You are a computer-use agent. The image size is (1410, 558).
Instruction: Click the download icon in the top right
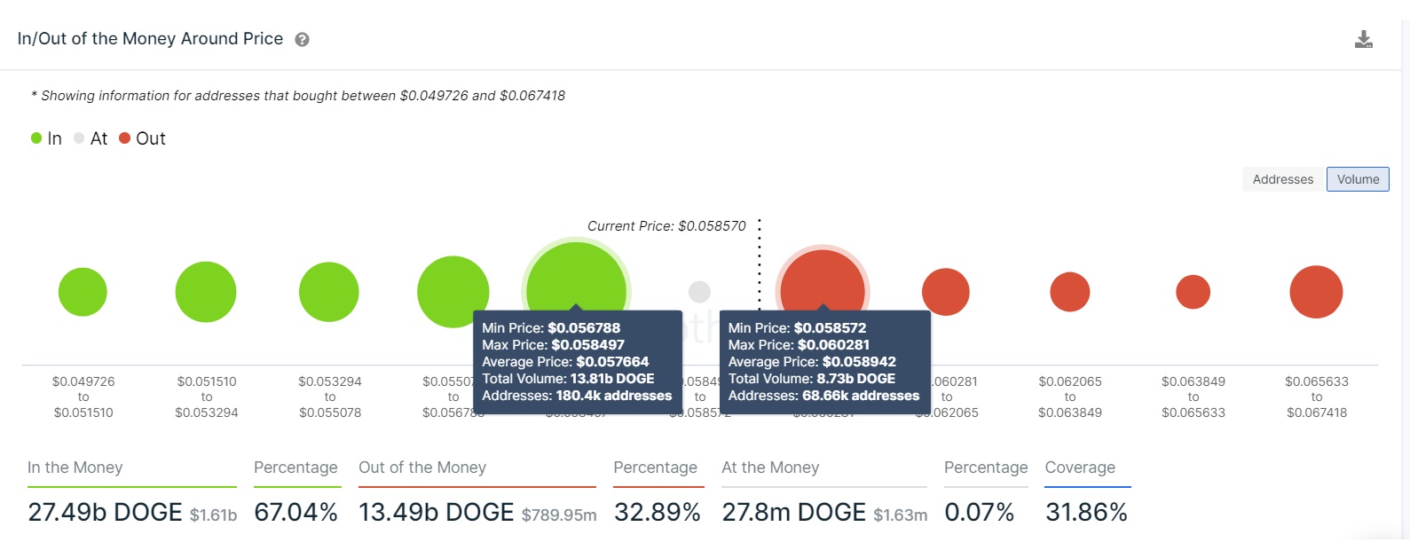1364,39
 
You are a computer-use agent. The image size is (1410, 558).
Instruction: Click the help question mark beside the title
302,40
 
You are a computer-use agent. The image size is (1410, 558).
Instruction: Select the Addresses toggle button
1282,179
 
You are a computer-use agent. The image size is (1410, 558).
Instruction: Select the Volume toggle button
1358,179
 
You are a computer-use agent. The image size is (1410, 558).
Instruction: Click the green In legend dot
36,138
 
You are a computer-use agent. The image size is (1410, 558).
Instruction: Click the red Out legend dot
125,138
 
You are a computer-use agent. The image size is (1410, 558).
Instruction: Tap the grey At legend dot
79,138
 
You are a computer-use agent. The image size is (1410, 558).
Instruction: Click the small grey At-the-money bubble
699,291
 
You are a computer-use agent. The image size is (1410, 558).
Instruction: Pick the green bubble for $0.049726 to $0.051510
83,292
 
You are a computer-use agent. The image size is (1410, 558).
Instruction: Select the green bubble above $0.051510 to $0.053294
206,292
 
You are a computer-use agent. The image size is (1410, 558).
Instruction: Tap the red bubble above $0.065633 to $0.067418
1316,292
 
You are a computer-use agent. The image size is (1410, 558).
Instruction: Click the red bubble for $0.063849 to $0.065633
1193,292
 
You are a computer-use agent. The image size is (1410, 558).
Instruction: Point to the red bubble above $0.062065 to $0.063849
1069,292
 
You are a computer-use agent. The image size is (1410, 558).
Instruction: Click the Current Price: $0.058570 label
666,226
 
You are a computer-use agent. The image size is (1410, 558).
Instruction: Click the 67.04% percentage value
295,512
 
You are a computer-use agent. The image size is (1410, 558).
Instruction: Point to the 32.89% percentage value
657,512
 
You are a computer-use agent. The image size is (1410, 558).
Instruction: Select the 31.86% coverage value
1086,512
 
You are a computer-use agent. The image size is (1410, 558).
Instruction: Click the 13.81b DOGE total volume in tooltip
612,379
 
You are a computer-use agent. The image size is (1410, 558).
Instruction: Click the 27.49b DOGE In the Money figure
105,512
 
